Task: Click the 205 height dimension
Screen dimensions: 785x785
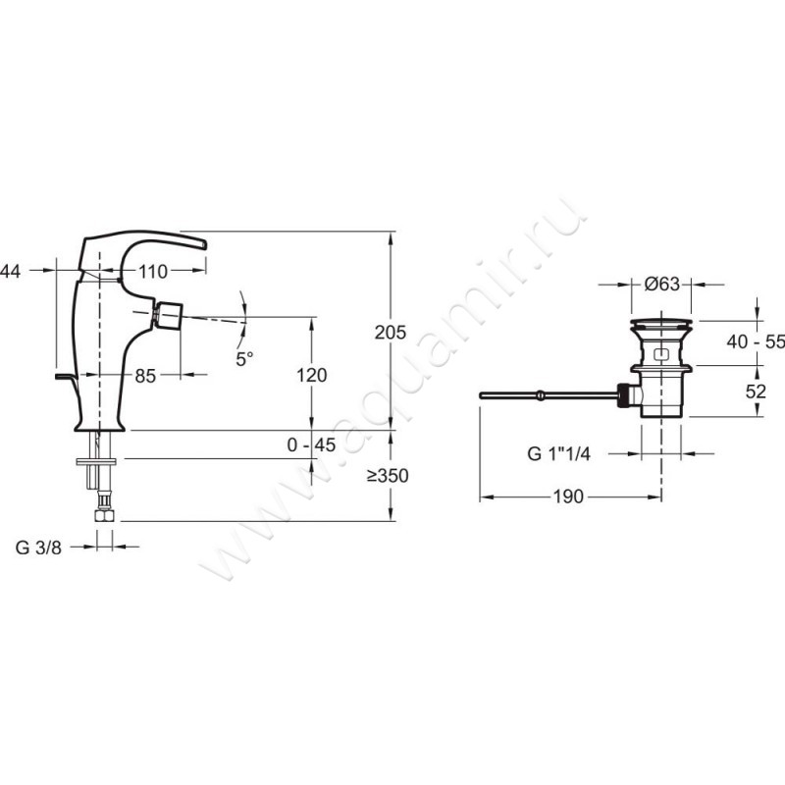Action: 391,333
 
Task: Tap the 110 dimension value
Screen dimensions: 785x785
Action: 153,272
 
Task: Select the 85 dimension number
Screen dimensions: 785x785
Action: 145,376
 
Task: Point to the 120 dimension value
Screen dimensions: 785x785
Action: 311,375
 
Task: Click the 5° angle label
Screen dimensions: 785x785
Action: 244,358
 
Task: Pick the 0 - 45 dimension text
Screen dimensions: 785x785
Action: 311,445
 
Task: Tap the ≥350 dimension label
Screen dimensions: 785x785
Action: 388,476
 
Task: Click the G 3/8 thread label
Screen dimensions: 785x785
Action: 38,548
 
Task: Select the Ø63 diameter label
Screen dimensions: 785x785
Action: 662,285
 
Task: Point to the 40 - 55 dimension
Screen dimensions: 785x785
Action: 756,341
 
